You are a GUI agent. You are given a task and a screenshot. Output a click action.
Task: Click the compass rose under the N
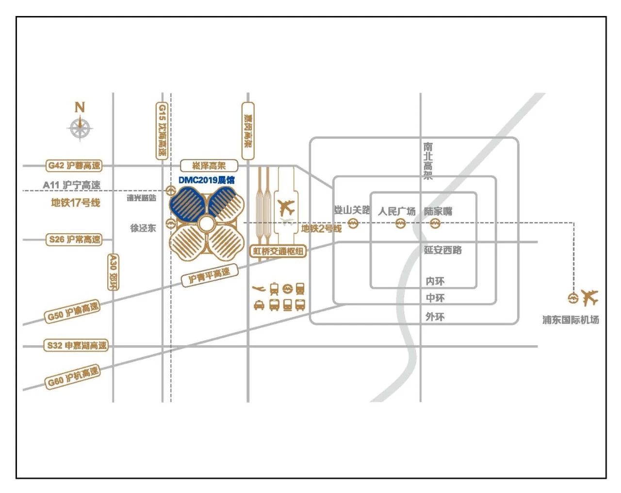pos(80,128)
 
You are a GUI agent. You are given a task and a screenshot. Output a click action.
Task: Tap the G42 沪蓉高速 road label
pos(75,166)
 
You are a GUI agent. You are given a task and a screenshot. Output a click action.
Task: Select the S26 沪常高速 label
pos(75,239)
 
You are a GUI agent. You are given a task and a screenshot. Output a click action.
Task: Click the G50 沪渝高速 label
pos(73,311)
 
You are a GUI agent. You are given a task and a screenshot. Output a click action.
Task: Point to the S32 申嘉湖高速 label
pos(77,346)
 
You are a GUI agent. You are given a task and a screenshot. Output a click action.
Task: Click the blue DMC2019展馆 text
pos(207,180)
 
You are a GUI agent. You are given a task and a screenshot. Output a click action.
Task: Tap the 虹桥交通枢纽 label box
pos(278,251)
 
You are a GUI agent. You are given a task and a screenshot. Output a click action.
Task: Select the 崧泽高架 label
pos(209,166)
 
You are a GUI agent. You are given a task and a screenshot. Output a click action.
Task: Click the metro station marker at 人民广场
pos(400,223)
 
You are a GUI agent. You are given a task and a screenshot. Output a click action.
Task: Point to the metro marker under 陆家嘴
pos(435,223)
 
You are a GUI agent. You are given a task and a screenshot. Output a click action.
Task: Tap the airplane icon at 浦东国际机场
pos(590,298)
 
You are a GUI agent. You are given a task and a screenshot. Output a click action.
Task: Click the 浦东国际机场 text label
pos(571,320)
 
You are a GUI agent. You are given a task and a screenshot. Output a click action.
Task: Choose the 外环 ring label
pos(435,317)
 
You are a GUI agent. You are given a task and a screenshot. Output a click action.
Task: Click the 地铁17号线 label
pos(75,203)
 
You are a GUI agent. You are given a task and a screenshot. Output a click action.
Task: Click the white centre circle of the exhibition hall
pos(206,224)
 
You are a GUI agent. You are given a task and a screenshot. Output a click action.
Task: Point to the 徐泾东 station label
pos(143,228)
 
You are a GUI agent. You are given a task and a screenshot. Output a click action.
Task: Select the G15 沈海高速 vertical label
pos(162,131)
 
